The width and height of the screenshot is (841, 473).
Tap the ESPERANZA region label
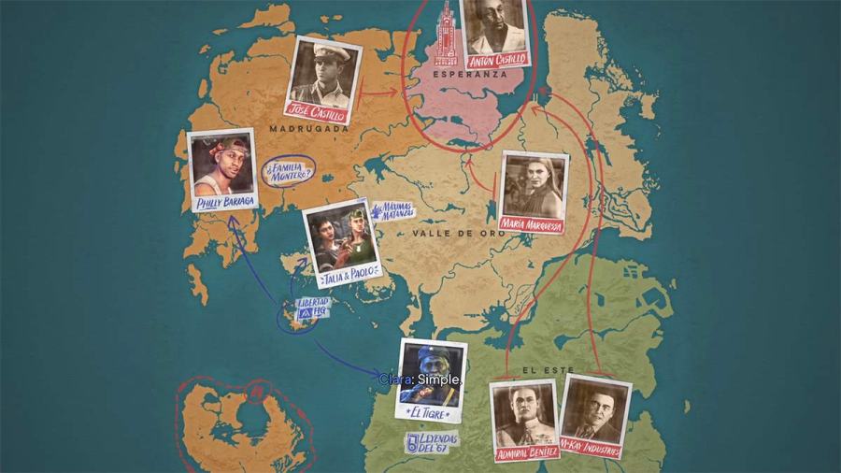tap(470, 74)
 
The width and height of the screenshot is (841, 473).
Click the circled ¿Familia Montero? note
tap(289, 171)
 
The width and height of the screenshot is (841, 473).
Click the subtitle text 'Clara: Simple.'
tap(420, 380)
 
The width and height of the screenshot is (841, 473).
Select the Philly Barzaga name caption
tap(225, 203)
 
